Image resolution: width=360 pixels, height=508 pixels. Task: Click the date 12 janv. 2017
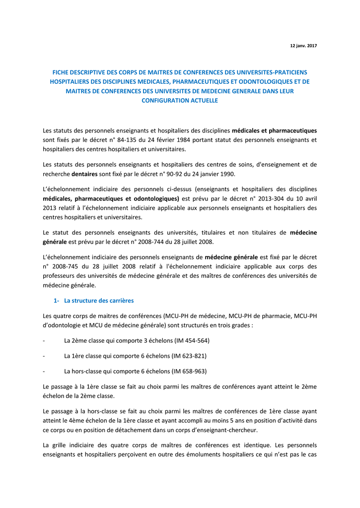click(x=303, y=46)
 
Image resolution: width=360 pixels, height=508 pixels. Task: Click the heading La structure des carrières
click(x=99, y=301)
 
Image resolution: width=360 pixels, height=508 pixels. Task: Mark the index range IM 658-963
click(x=189, y=371)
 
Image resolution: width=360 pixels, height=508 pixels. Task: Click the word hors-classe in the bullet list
click(x=86, y=371)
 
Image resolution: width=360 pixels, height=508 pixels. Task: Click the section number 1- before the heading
click(x=56, y=301)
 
